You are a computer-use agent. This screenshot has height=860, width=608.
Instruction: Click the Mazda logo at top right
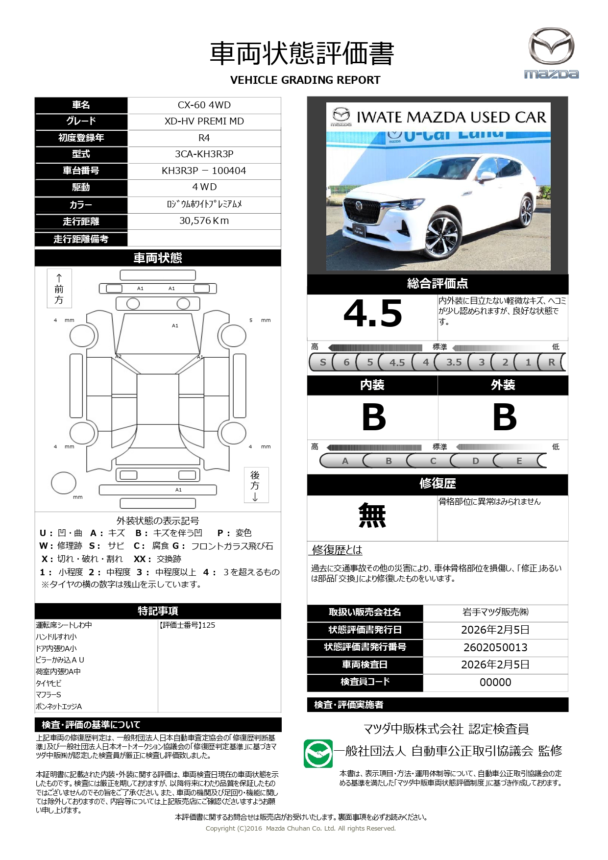[551, 53]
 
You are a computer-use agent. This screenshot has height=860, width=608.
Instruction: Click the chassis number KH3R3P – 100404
[204, 171]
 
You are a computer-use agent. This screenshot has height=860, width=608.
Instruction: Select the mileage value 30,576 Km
[204, 221]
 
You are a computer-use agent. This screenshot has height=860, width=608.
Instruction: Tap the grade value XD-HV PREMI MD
[204, 121]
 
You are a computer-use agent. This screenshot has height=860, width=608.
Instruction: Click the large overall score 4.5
[372, 314]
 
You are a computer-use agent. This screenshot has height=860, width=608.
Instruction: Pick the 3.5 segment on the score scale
[454, 362]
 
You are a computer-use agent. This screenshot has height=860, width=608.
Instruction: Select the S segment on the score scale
[322, 362]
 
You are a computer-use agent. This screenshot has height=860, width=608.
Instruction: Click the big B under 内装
[373, 417]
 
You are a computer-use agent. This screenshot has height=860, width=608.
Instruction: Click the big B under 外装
[504, 417]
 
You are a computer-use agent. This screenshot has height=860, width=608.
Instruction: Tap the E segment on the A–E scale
[519, 461]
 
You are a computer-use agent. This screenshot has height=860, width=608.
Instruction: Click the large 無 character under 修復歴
[372, 516]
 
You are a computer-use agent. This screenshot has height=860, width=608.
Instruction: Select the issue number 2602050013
[495, 647]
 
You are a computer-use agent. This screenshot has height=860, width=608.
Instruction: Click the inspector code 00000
[495, 682]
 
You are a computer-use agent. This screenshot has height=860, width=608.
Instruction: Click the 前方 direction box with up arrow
[59, 288]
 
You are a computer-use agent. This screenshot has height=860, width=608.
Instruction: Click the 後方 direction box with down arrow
[256, 485]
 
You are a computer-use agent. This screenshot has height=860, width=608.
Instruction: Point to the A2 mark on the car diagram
[118, 356]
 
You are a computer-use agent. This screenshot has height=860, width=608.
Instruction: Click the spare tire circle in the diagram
[64, 483]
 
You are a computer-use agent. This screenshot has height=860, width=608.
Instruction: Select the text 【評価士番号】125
[187, 625]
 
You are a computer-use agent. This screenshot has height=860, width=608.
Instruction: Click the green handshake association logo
[318, 753]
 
